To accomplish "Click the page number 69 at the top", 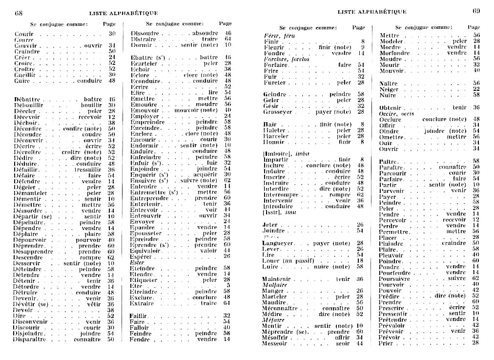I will click(x=476, y=11).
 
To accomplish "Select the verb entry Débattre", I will click(x=26, y=99).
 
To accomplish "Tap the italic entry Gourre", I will click(x=24, y=40).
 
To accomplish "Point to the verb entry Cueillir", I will click(x=24, y=75).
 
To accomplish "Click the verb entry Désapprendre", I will click(x=33, y=252).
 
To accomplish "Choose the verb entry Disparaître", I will click(x=30, y=339).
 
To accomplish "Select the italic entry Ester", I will click(x=137, y=262).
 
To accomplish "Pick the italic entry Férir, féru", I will click(x=279, y=36).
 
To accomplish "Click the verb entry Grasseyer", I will click(x=278, y=112).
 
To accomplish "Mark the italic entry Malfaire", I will click(x=274, y=285).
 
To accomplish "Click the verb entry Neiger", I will click(x=389, y=89).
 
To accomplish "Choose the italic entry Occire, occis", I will click(x=396, y=114).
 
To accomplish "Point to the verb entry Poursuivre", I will click(x=394, y=278).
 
